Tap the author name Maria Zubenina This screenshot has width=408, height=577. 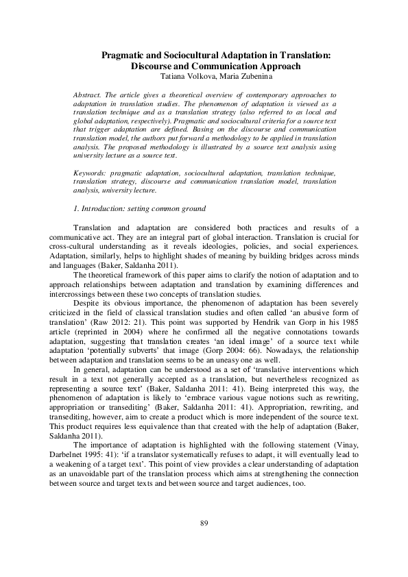coord(232,77)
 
